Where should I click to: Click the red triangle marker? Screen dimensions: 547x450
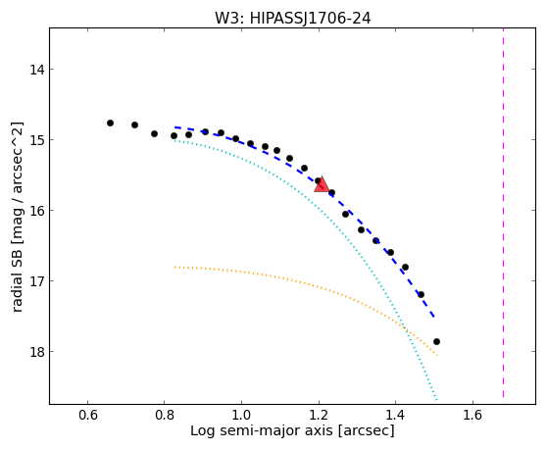(322, 185)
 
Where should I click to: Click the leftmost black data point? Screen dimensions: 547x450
(110, 123)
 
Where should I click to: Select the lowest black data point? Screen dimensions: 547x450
(436, 341)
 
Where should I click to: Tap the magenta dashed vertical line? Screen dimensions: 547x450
(503, 213)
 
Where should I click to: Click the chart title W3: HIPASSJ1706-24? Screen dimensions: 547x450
(292, 18)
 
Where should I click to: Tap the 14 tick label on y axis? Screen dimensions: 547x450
(36, 70)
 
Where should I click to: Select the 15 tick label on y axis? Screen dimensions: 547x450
(36, 140)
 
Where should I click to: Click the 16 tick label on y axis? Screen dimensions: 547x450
(36, 211)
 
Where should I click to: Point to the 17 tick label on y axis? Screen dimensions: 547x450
(36, 280)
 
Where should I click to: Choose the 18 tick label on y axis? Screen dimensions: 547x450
(36, 351)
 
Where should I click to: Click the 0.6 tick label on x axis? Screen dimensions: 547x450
(87, 415)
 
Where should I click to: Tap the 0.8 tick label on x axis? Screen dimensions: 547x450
(165, 415)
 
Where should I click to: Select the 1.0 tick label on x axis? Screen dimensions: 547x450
(241, 415)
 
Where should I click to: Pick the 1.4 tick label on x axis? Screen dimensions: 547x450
(395, 415)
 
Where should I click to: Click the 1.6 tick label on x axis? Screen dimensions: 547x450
(472, 415)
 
